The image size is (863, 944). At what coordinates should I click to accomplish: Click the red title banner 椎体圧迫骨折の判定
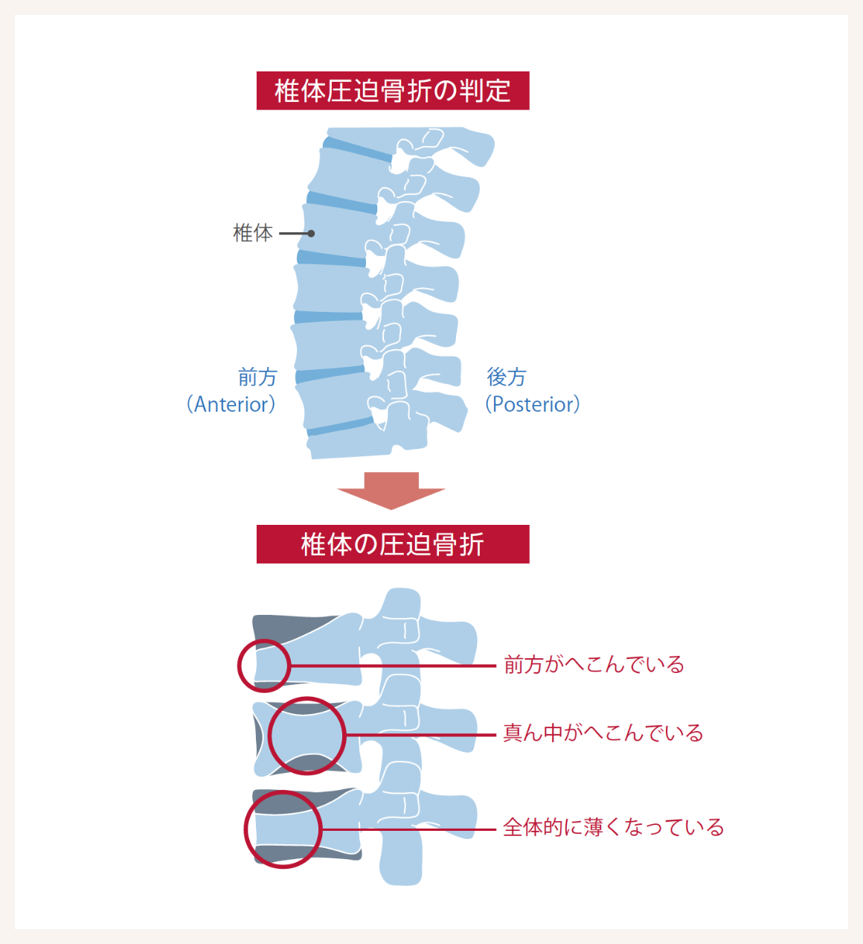pyautogui.click(x=393, y=91)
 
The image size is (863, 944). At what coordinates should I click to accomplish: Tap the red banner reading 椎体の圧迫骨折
pyautogui.click(x=393, y=544)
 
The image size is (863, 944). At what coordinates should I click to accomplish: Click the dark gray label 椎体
pyautogui.click(x=253, y=234)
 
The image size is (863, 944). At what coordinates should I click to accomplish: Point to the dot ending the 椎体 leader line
pyautogui.click(x=311, y=234)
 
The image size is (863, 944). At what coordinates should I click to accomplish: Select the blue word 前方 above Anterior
pyautogui.click(x=257, y=377)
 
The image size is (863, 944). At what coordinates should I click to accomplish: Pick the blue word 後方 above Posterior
pyautogui.click(x=507, y=377)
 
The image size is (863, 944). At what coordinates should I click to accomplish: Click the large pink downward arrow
pyautogui.click(x=391, y=491)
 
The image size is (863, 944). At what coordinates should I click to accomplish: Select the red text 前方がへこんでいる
pyautogui.click(x=594, y=665)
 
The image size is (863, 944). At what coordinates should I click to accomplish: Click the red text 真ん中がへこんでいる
pyautogui.click(x=603, y=733)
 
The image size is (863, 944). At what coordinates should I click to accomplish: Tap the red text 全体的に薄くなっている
pyautogui.click(x=613, y=828)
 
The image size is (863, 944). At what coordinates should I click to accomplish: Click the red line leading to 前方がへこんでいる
pyautogui.click(x=393, y=666)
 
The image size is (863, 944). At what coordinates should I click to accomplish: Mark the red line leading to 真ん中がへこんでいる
pyautogui.click(x=421, y=735)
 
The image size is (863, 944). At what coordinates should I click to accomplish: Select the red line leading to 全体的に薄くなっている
pyautogui.click(x=409, y=829)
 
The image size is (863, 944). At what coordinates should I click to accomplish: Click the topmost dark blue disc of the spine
pyautogui.click(x=357, y=149)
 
